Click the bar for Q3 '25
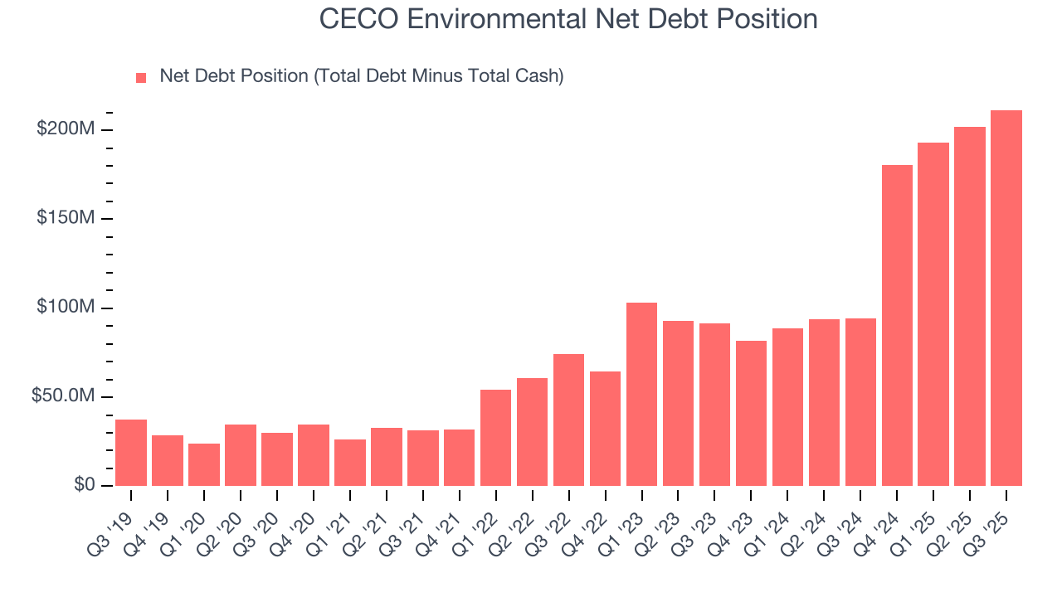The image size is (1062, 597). click(1006, 298)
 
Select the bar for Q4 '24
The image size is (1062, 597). click(897, 325)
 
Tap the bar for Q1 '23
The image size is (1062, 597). click(641, 394)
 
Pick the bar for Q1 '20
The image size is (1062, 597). click(204, 464)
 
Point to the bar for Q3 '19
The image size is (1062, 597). click(131, 453)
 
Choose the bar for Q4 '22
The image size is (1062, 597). click(605, 428)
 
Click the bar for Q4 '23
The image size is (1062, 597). click(751, 413)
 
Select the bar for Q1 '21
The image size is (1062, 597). click(350, 462)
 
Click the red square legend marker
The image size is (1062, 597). click(141, 77)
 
